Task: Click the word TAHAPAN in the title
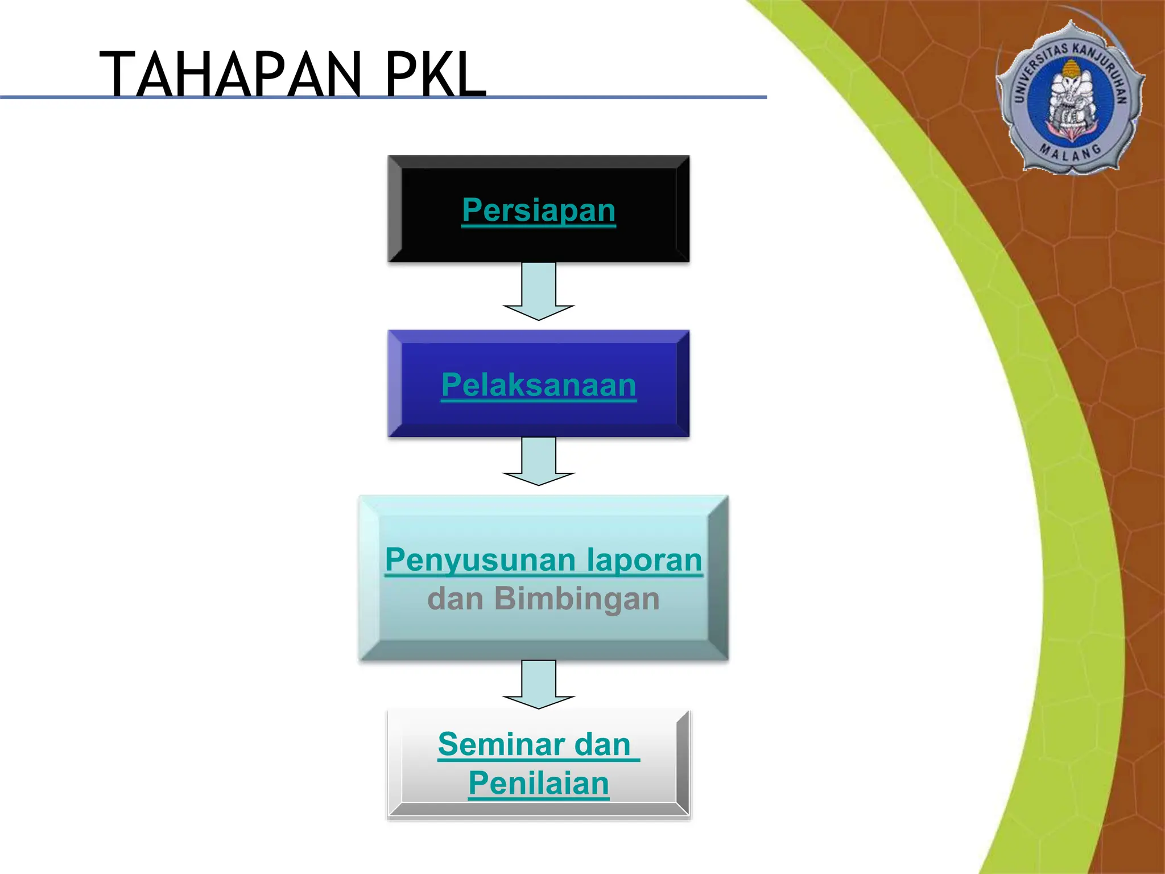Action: [x=230, y=75]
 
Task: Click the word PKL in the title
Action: [x=435, y=75]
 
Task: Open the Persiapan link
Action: [x=539, y=210]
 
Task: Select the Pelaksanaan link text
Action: [x=539, y=385]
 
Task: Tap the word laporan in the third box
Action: [x=644, y=560]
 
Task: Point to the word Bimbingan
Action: [x=577, y=599]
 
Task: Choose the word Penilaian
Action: [x=539, y=784]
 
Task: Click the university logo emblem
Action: [x=1069, y=97]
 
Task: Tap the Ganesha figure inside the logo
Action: [x=1069, y=100]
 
